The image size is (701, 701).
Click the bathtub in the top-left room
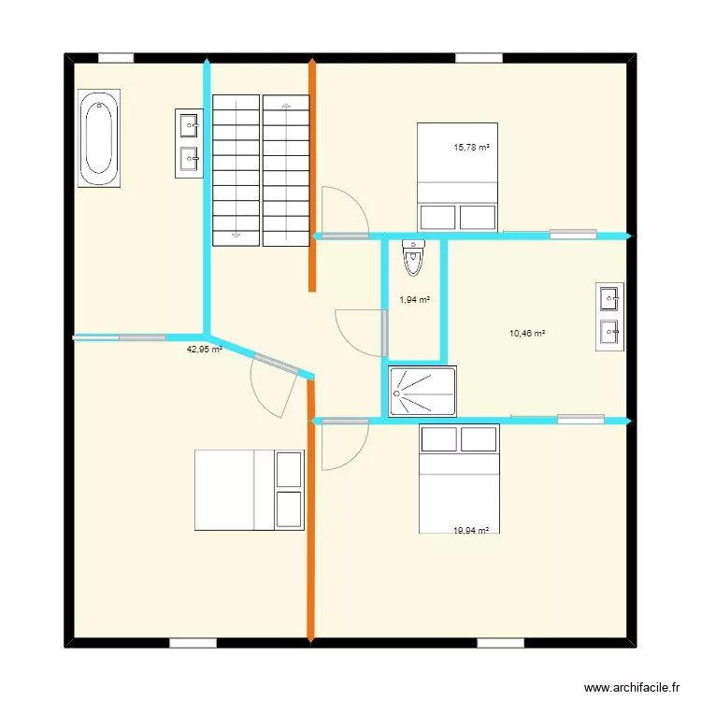[98, 138]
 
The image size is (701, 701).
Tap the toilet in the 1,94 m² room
[413, 257]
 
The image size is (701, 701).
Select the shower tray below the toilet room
[422, 391]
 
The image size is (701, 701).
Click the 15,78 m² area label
[472, 147]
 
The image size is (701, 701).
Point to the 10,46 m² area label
[527, 333]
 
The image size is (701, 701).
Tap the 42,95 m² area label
[205, 350]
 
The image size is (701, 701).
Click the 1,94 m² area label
[414, 300]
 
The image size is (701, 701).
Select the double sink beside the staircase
[189, 143]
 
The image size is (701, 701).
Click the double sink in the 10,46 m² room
[609, 316]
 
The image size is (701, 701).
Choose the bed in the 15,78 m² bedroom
[457, 176]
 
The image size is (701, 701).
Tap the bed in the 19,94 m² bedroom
[459, 479]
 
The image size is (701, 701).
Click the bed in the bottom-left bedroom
[249, 490]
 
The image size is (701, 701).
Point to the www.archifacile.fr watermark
[633, 688]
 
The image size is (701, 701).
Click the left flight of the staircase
[236, 169]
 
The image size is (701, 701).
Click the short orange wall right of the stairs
[312, 176]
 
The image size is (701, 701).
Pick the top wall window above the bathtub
[116, 58]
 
